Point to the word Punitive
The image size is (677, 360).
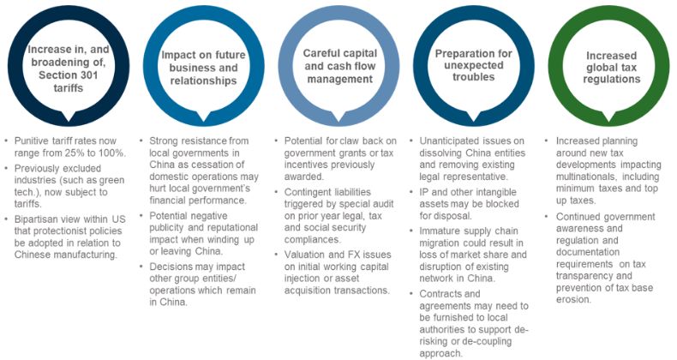click(x=33, y=141)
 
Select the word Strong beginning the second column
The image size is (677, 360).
click(x=166, y=141)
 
